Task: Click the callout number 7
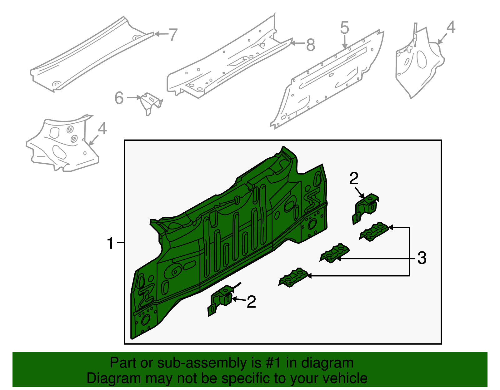173,34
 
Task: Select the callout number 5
344,28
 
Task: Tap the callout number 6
119,98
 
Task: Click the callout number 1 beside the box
110,243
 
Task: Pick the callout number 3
422,258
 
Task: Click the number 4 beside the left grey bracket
102,129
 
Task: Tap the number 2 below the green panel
251,302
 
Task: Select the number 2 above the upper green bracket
354,179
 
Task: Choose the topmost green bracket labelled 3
374,231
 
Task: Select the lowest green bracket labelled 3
294,277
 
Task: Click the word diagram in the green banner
334,363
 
